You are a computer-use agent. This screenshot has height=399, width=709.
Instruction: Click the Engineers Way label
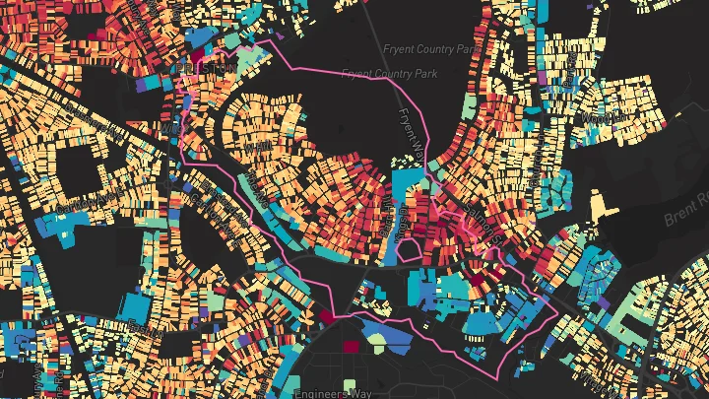[332, 392]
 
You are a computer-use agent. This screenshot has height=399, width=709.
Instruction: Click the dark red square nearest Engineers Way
[352, 346]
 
